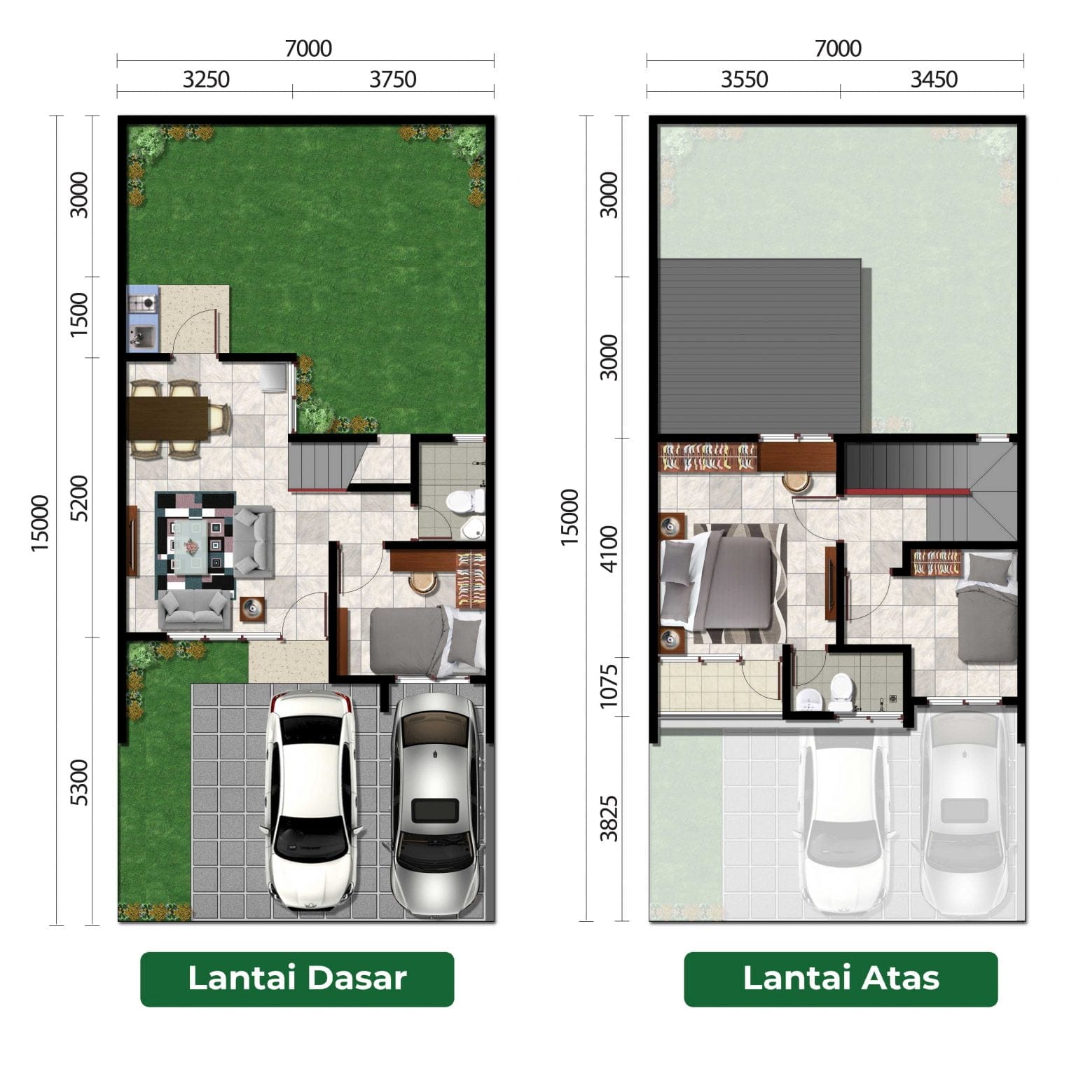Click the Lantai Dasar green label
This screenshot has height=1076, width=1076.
pos(297,979)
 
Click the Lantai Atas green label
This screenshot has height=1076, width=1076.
pos(841,979)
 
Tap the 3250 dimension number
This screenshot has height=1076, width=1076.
pos(206,79)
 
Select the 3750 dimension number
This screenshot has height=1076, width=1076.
pos(393,79)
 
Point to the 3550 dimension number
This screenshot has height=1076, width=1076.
pos(745,79)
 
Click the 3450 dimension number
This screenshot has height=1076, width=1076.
pos(934,79)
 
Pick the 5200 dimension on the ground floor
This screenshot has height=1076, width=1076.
pos(80,498)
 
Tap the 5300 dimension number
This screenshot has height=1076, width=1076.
pos(80,782)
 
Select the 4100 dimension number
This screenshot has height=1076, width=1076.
pos(610,549)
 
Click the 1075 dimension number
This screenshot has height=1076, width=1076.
pos(610,686)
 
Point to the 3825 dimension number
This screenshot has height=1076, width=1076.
pos(610,818)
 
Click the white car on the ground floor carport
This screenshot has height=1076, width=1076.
pos(310,801)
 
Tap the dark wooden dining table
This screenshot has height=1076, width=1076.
pos(168,418)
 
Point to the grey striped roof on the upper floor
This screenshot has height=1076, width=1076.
pos(759,346)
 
